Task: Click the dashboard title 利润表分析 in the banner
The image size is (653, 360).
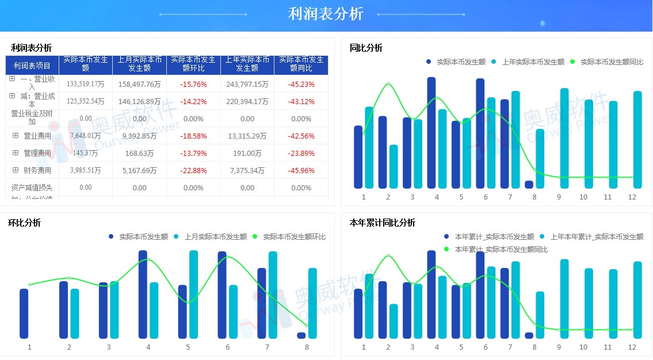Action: (326, 14)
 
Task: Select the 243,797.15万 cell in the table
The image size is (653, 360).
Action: (247, 85)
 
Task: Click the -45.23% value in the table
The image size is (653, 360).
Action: (301, 85)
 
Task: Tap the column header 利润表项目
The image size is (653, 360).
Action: (32, 66)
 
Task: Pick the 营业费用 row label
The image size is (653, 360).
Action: (37, 136)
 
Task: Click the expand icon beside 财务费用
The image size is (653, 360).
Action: (16, 170)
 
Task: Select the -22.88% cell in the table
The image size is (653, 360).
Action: (193, 171)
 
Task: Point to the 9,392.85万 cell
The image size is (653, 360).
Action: (139, 136)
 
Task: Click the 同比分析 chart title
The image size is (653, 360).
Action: (366, 48)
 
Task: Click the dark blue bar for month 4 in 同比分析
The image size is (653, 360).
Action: (431, 132)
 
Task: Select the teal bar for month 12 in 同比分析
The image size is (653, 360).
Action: (637, 139)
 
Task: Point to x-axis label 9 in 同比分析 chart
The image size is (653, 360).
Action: (559, 197)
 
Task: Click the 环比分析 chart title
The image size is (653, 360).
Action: (24, 223)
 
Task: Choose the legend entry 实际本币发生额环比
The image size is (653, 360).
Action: (294, 237)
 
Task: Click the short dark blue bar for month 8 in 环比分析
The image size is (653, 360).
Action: (301, 335)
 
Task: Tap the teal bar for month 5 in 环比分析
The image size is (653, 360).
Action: (194, 294)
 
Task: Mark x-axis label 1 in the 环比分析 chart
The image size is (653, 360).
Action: (29, 347)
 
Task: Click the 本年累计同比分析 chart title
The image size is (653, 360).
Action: (382, 223)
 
